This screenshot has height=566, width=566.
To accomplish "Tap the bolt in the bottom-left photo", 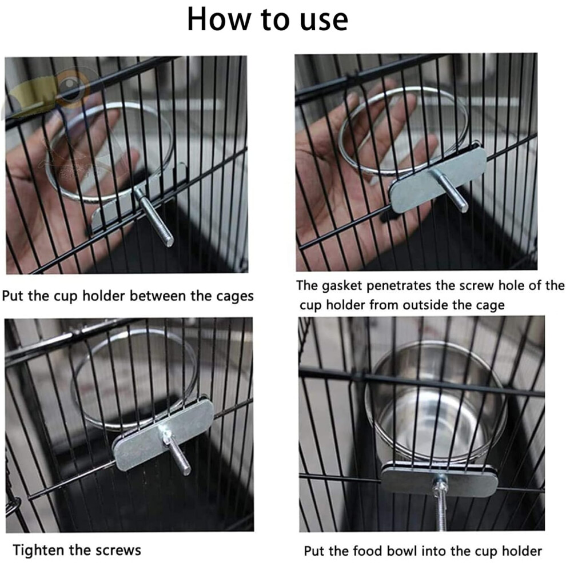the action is coord(177,452).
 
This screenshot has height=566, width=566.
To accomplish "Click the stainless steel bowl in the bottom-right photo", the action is coord(436,404).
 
